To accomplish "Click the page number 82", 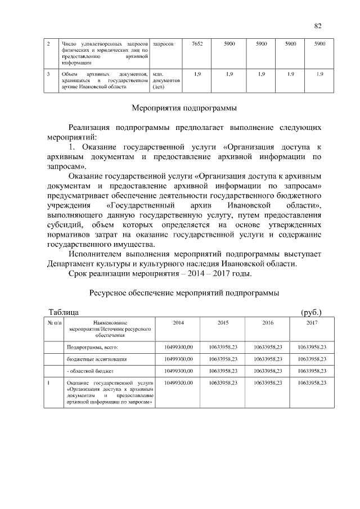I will click(317, 26).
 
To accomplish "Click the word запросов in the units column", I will click(163, 43).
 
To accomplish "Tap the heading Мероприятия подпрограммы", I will click(184, 107).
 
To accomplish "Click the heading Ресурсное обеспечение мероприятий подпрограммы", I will click(184, 293).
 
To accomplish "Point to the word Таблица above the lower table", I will click(64, 312).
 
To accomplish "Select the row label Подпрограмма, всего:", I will click(92, 348).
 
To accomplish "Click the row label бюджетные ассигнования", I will click(97, 359).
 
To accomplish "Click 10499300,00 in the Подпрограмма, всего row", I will click(178, 348).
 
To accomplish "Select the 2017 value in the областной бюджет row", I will click(312, 371).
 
